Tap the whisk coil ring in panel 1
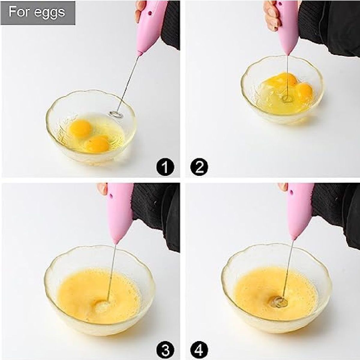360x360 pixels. click(116, 114)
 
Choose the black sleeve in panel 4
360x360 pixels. click(336, 215)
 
